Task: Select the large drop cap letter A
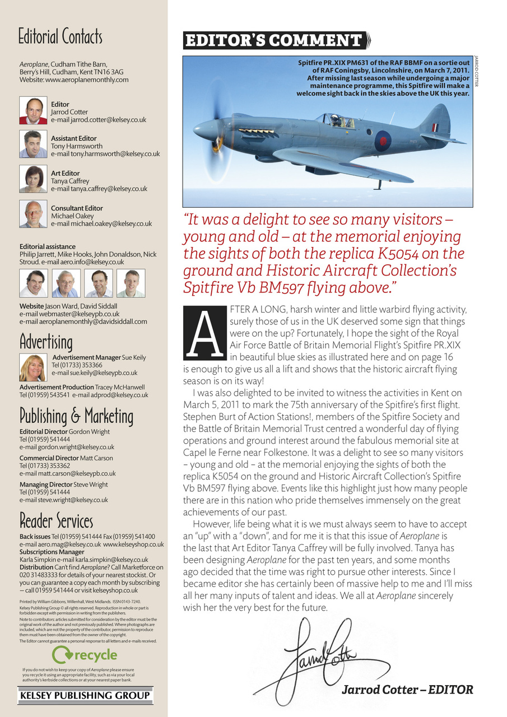pyautogui.click(x=203, y=334)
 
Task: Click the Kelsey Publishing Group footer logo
pyautogui.click(x=85, y=696)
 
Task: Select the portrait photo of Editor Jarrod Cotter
pyautogui.click(x=33, y=110)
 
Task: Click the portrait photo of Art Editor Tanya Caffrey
pyautogui.click(x=33, y=179)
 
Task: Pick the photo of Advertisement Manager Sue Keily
pyautogui.click(x=32, y=367)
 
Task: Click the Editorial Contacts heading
pyautogui.click(x=61, y=37)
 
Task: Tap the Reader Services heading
pyautogui.click(x=56, y=521)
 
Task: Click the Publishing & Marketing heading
pyautogui.click(x=76, y=416)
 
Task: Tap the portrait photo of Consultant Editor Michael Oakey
pyautogui.click(x=33, y=214)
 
